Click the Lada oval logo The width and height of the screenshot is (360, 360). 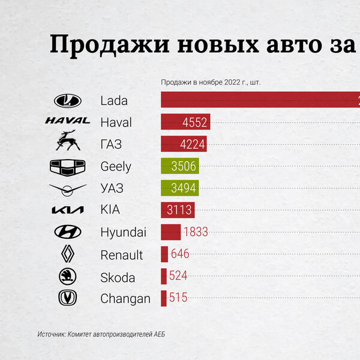click(67, 101)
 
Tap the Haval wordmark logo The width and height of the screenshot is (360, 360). click(68, 121)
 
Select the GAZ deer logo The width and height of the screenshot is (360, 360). click(68, 140)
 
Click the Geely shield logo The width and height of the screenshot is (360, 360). click(67, 167)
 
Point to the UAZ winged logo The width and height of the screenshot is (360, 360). click(67, 190)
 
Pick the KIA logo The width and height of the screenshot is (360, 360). click(67, 210)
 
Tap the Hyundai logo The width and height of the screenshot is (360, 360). click(67, 232)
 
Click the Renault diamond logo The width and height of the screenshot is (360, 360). click(68, 254)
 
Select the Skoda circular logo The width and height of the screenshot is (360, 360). click(67, 276)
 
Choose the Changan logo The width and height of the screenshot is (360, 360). click(67, 298)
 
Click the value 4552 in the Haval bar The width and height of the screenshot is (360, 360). click(194, 122)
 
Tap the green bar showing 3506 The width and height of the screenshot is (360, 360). click(180, 166)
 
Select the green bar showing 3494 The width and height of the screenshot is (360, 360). click(180, 188)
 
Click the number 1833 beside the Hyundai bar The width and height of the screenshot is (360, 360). click(196, 232)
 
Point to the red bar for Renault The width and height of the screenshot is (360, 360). click(164, 254)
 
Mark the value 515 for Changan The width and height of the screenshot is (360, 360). click(178, 298)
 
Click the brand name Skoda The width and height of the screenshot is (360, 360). click(118, 278)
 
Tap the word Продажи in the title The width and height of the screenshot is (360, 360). click(110, 45)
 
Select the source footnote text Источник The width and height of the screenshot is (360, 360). click(52, 334)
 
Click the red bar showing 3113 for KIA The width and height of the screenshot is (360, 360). click(178, 210)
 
